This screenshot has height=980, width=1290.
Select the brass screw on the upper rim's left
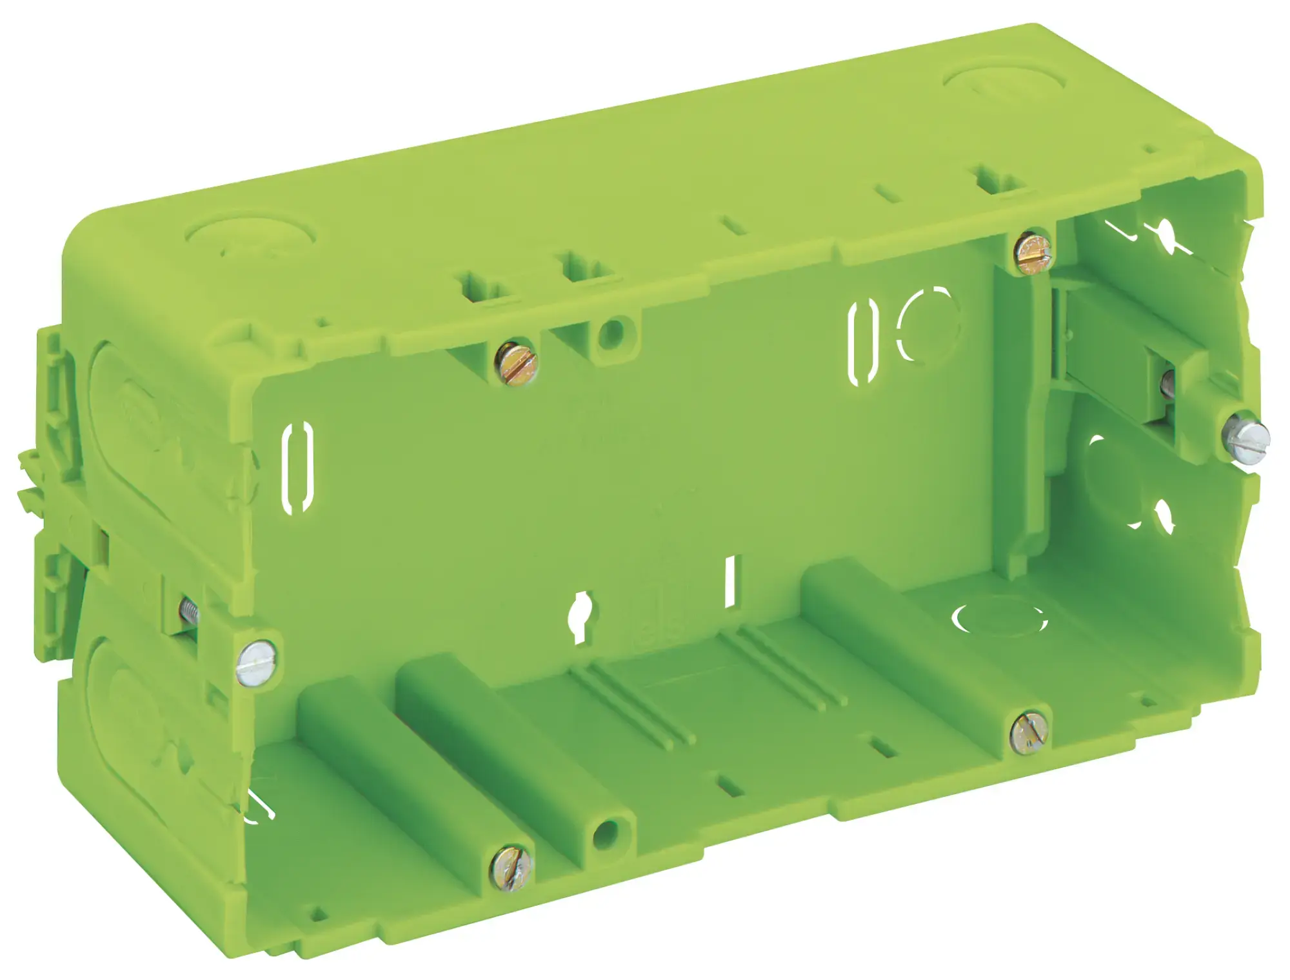point(515,363)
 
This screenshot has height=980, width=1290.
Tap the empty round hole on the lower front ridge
point(606,832)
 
